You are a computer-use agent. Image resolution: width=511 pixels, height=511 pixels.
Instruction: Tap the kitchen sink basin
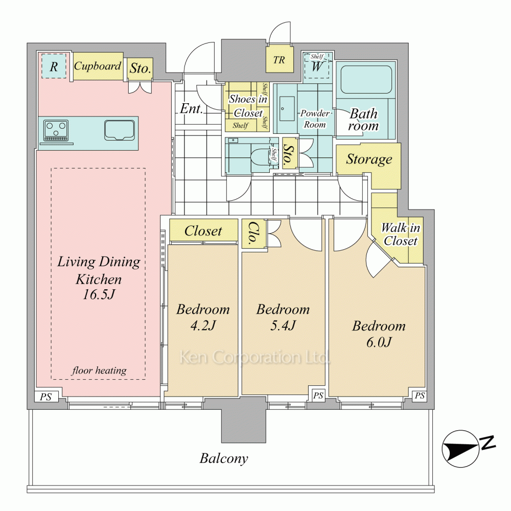120,130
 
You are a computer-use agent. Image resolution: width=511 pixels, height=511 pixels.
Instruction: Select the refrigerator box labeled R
53,65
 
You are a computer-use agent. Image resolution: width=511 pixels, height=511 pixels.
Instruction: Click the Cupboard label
98,66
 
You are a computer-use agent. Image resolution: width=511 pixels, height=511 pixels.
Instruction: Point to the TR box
278,60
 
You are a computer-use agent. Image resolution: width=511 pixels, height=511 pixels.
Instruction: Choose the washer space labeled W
317,65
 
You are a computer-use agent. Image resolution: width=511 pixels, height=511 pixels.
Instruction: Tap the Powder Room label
314,119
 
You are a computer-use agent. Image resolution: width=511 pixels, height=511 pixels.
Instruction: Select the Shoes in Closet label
247,106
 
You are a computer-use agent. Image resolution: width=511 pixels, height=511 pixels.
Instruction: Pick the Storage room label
369,159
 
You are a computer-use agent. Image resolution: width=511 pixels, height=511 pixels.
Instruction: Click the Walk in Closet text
401,235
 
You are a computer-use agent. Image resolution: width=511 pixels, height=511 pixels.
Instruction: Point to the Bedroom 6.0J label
379,334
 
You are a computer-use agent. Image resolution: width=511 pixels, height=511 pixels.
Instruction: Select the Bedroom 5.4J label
283,317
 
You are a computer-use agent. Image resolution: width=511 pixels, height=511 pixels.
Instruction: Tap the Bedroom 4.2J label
203,317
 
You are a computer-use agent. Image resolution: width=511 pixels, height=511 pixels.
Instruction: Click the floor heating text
99,370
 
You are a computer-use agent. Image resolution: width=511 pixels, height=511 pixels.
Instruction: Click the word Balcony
224,458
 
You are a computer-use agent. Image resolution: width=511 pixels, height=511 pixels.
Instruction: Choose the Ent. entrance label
192,109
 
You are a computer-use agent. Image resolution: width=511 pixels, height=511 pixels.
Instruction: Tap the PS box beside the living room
46,397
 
